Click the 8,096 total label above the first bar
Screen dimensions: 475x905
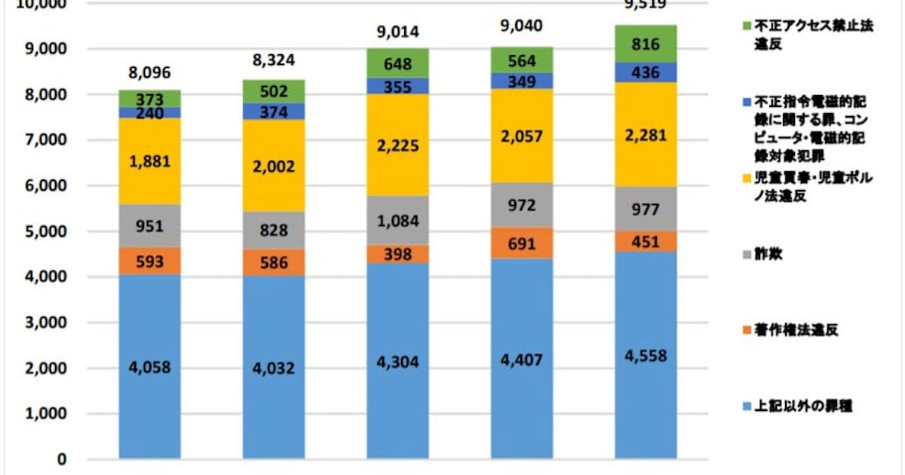pos(149,73)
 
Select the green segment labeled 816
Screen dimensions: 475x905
pos(646,44)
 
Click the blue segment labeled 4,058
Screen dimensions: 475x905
pos(149,367)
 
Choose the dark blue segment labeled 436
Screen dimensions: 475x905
pos(646,73)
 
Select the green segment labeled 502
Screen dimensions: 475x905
pos(273,91)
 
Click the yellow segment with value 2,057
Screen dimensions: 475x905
pos(521,136)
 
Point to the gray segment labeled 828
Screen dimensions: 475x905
pos(273,230)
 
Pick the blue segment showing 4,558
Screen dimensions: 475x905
pos(646,356)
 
